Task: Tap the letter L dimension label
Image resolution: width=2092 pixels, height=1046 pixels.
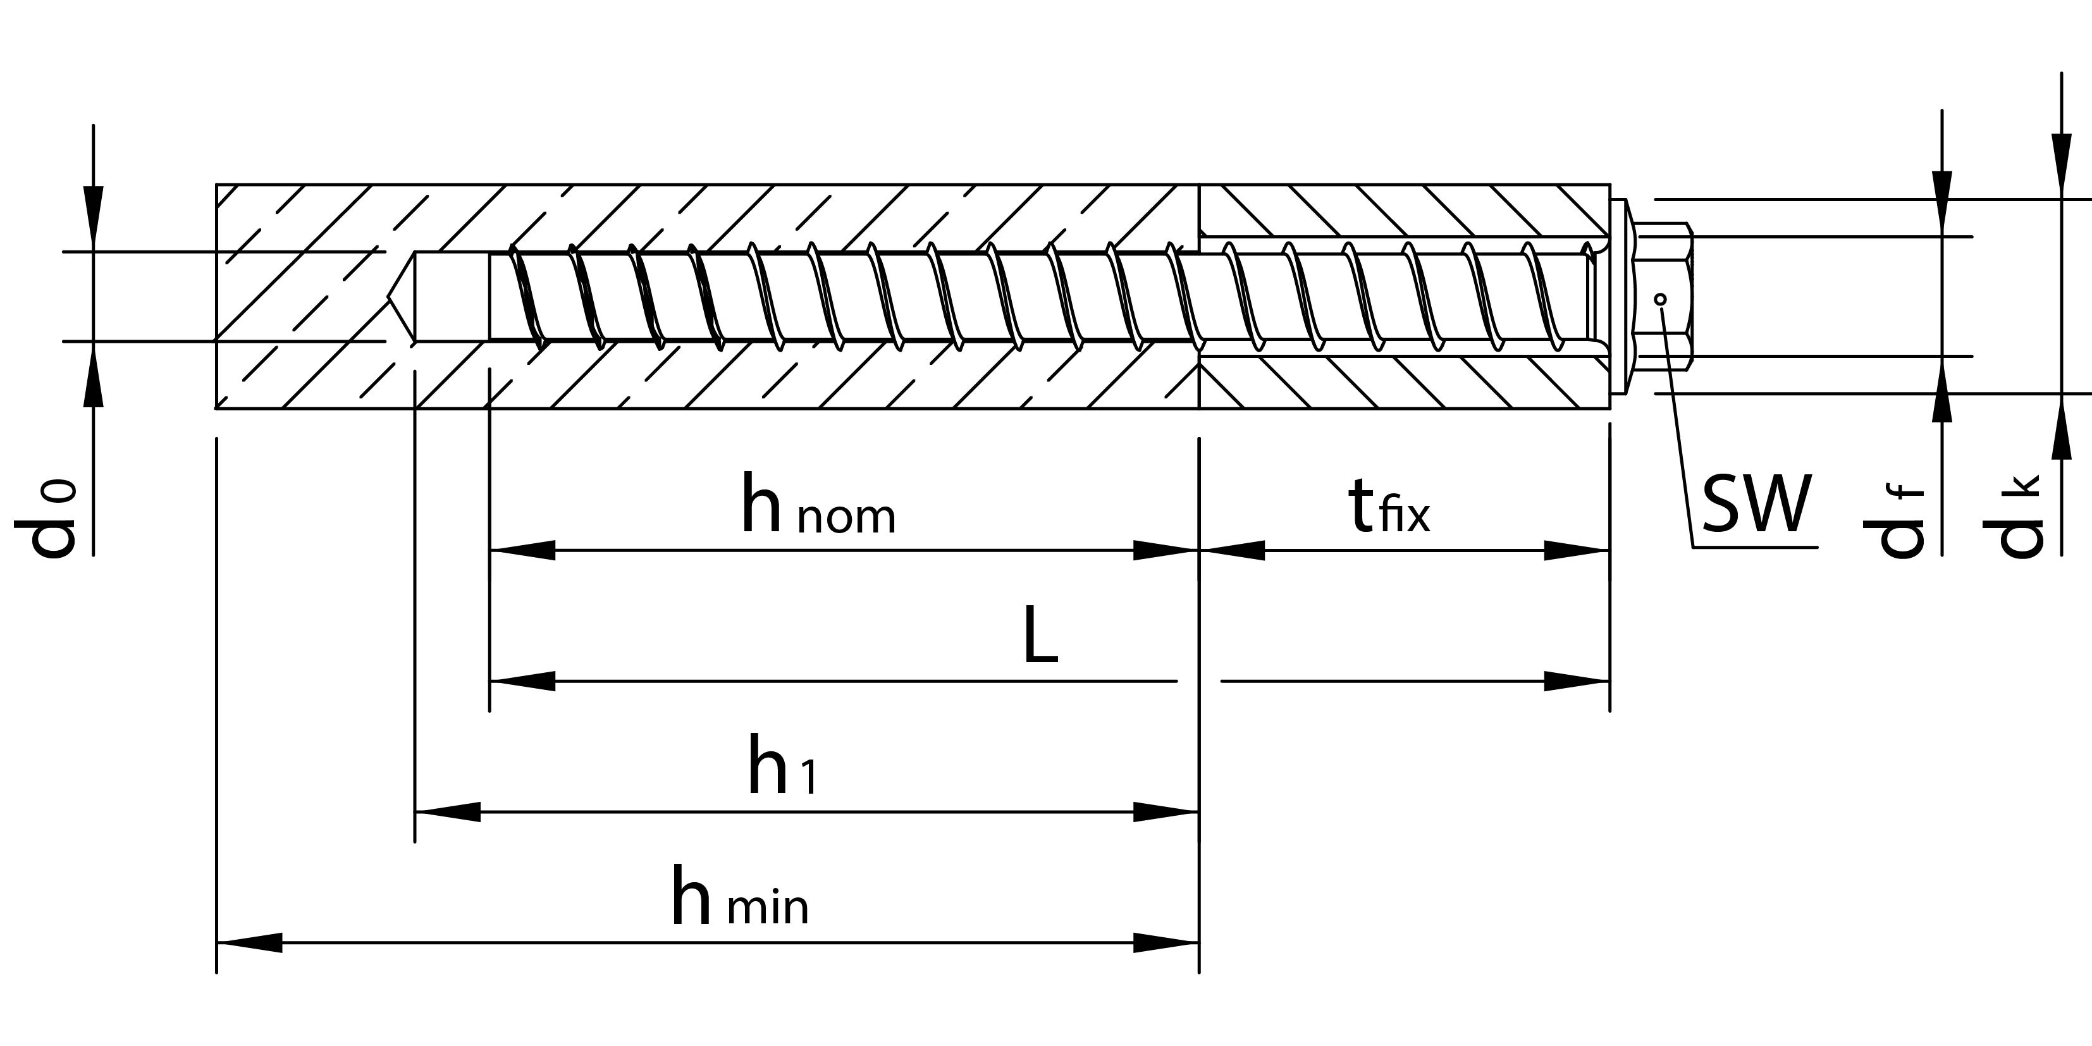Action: pos(1040,635)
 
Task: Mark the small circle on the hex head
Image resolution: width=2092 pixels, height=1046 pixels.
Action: pos(1661,300)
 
